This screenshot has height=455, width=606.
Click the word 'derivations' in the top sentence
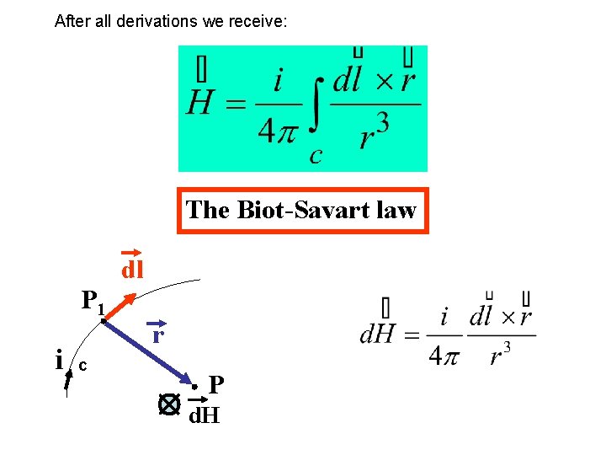click(x=157, y=20)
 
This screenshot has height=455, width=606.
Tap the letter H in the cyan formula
click(x=199, y=104)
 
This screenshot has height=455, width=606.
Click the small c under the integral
click(x=316, y=156)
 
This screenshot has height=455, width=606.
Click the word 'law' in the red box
click(x=397, y=210)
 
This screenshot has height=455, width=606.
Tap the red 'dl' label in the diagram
click(x=132, y=270)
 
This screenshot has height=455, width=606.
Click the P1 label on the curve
click(x=92, y=301)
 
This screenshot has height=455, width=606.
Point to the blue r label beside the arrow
click(x=157, y=335)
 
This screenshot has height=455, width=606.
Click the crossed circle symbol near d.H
click(x=169, y=405)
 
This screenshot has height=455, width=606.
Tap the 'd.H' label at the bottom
click(x=204, y=415)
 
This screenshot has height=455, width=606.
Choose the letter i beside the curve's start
click(x=58, y=361)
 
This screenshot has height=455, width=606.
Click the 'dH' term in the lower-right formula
click(x=378, y=335)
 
